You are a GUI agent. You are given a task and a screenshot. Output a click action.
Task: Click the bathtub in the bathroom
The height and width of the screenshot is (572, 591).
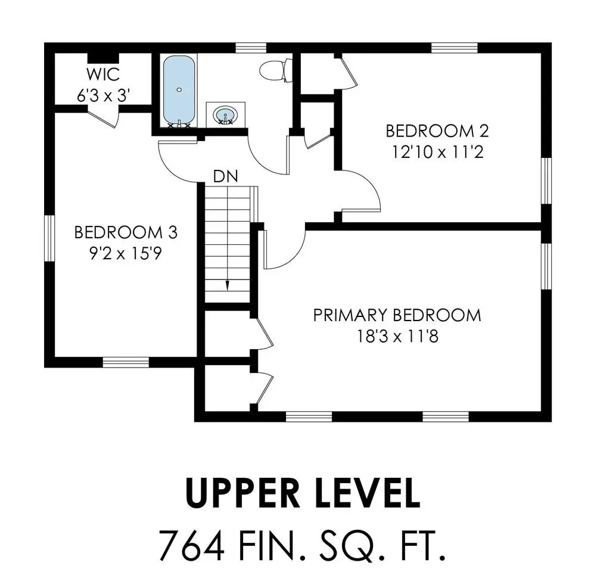click(179, 91)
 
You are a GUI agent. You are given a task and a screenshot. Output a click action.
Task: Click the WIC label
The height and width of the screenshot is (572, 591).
click(103, 74)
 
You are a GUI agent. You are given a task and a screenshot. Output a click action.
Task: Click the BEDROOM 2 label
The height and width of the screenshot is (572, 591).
click(437, 131)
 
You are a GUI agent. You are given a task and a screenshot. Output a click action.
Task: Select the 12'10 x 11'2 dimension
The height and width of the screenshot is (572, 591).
click(438, 153)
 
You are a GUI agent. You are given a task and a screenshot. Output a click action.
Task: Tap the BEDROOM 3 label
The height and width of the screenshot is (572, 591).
click(126, 232)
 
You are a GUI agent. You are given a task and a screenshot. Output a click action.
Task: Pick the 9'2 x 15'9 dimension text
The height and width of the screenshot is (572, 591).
click(126, 253)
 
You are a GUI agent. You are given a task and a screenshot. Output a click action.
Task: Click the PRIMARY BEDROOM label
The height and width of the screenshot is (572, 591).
click(397, 315)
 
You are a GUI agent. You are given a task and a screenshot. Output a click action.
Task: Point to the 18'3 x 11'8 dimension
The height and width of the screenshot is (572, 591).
click(397, 336)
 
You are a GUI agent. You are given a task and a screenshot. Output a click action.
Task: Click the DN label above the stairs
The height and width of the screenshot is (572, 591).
click(226, 176)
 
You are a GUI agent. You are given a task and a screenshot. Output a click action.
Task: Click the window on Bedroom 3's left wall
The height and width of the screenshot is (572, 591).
click(50, 238)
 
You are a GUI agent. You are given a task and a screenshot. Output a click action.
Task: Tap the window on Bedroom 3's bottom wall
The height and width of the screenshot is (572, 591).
click(126, 362)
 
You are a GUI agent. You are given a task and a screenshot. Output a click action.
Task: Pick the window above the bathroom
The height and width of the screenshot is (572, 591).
click(251, 48)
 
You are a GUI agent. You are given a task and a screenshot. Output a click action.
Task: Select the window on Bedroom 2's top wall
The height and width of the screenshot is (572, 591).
click(455, 48)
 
